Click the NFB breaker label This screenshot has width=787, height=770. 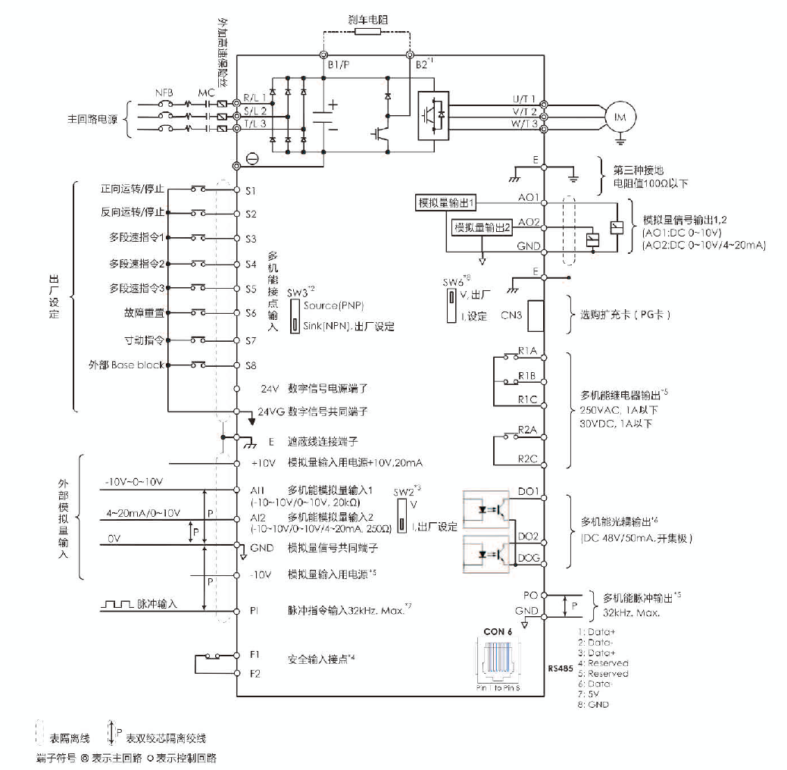(165, 92)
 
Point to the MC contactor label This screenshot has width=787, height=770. (206, 92)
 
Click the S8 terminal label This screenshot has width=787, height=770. (251, 365)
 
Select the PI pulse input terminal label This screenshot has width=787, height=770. (255, 608)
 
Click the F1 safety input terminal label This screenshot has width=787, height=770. (255, 653)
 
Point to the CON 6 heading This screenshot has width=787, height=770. (498, 631)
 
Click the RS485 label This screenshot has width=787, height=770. (559, 669)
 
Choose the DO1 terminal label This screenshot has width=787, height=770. (528, 491)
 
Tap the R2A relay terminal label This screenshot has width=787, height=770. (528, 430)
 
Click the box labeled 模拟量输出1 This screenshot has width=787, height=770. (447, 203)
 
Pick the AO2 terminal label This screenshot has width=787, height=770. (528, 223)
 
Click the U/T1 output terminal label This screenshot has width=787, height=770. (523, 99)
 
